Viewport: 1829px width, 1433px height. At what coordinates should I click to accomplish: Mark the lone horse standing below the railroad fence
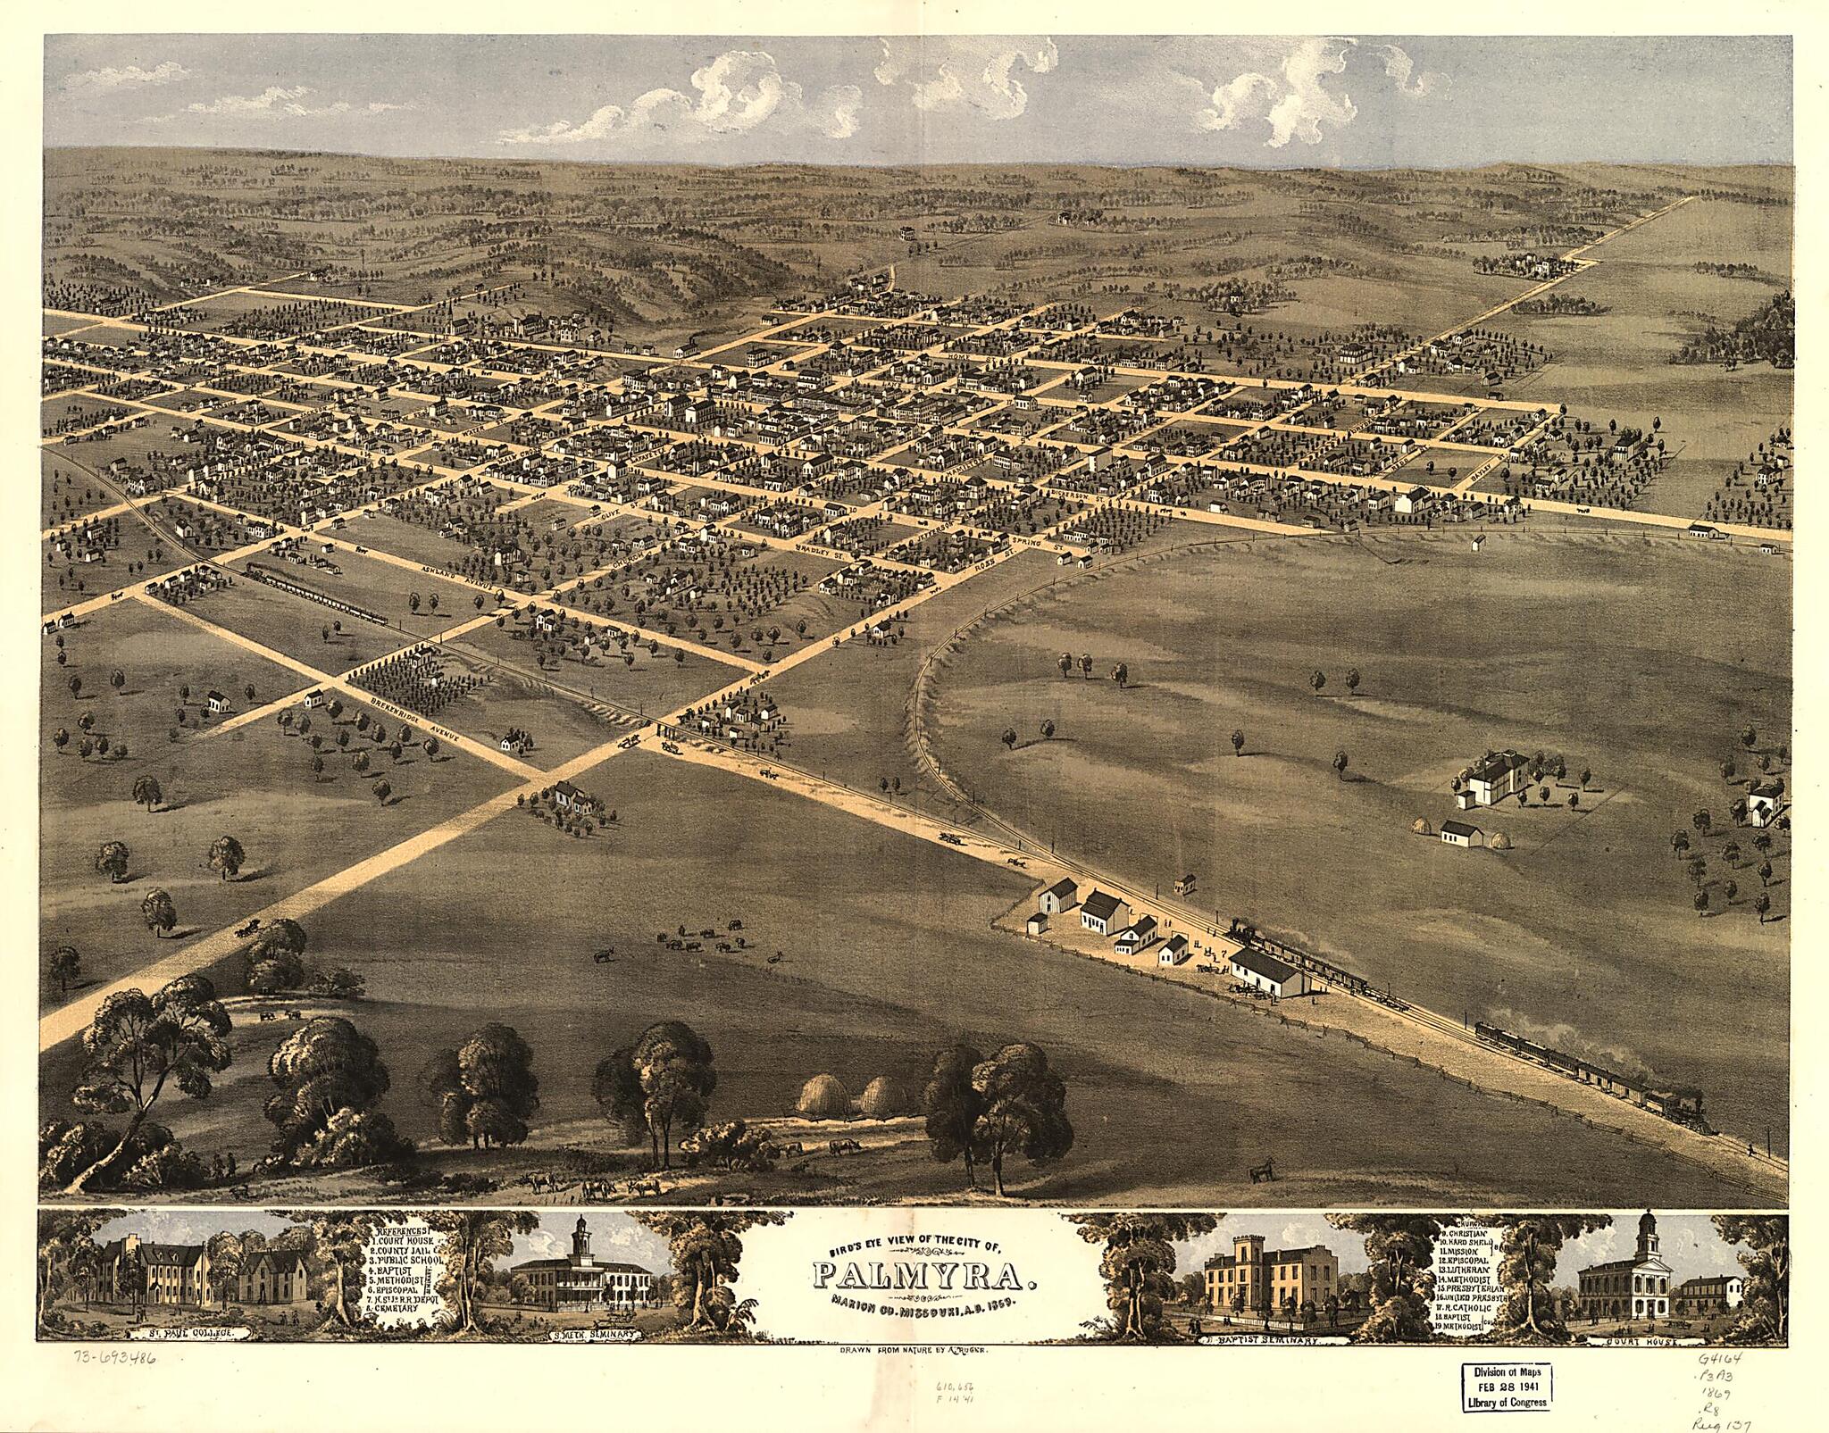tap(1261, 1170)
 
